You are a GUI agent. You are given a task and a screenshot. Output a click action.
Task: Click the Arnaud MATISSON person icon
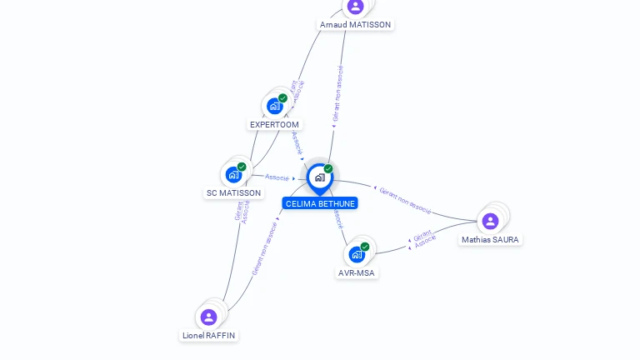(355, 7)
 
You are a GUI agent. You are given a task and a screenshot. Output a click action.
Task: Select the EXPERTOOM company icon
(273, 107)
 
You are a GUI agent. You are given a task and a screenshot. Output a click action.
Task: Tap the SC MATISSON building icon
(232, 175)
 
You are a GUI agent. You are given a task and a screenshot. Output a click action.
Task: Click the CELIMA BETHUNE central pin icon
(319, 177)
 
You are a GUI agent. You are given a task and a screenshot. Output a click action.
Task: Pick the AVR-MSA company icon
(357, 254)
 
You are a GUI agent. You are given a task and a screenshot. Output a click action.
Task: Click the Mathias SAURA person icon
(490, 221)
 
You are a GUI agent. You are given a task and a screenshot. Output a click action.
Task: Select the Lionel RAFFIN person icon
(208, 317)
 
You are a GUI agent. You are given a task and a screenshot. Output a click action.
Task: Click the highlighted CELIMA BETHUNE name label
(320, 203)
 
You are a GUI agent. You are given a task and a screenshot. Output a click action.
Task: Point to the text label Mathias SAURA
(490, 240)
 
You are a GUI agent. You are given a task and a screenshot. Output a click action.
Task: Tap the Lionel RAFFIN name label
(208, 336)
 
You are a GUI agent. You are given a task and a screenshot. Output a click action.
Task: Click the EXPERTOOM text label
(274, 125)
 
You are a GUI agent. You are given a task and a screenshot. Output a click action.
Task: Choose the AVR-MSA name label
(357, 273)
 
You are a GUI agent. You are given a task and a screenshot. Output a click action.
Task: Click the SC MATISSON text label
(233, 193)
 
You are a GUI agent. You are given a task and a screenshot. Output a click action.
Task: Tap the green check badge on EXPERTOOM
(282, 98)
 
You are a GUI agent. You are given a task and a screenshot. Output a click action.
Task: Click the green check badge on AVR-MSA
(365, 247)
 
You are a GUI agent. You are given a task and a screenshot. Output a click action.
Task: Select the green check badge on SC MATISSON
(242, 167)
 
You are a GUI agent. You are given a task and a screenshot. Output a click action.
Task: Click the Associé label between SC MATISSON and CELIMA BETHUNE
(277, 177)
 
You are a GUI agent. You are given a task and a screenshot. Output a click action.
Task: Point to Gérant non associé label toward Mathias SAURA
(404, 200)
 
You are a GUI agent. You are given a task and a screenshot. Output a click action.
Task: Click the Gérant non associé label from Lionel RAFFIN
(264, 248)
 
